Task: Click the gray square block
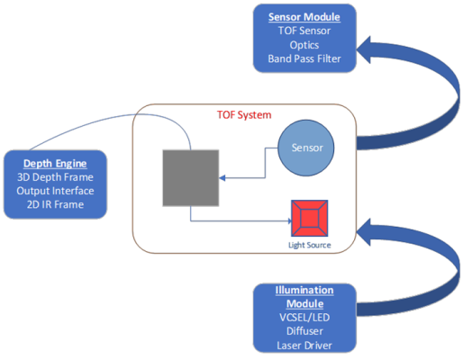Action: point(189,176)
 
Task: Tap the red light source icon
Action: point(310,217)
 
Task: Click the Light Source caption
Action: point(310,245)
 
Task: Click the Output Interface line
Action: point(55,190)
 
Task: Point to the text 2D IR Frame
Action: point(55,204)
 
